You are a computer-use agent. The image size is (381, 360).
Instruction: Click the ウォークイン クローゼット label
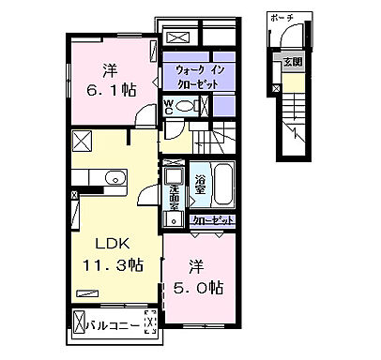point(195,75)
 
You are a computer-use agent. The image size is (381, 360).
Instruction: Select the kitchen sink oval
point(114,179)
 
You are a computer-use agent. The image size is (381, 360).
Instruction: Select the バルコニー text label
point(115,327)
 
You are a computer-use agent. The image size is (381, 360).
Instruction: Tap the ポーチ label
point(279,18)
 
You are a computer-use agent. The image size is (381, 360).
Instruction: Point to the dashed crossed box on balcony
point(148,324)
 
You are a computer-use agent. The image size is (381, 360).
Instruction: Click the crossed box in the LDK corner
point(81,143)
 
